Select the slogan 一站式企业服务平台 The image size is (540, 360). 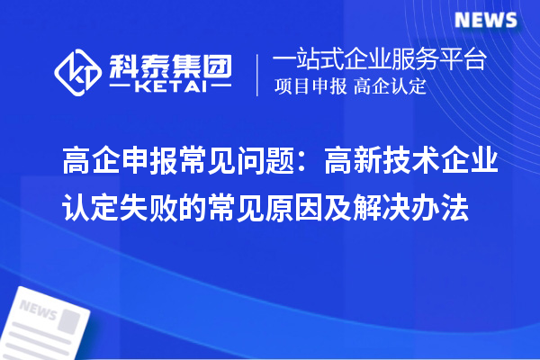[x=379, y=60]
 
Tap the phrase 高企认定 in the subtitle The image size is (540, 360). [x=391, y=87]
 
